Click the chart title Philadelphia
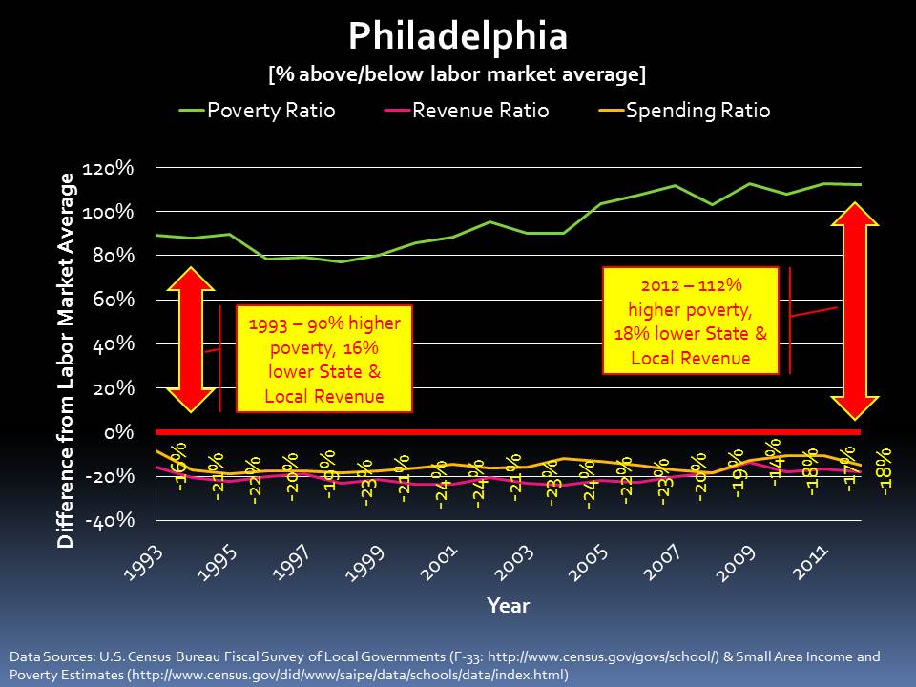click(458, 36)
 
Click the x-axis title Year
click(508, 605)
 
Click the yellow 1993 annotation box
click(324, 360)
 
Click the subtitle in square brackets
click(457, 73)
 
